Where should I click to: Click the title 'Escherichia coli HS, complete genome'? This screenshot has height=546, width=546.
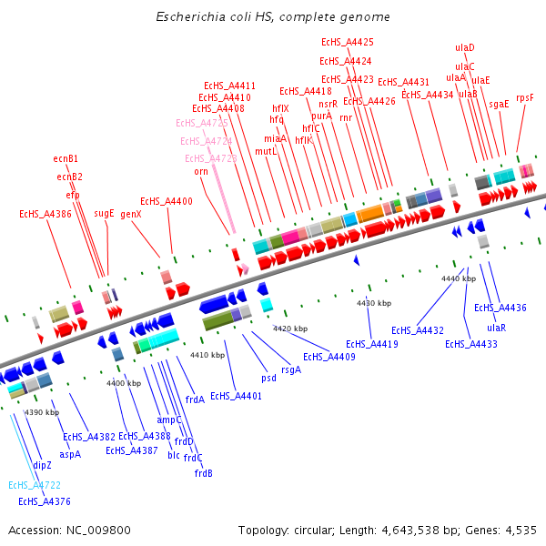[273, 17]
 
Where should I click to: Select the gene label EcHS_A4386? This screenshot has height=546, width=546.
[45, 215]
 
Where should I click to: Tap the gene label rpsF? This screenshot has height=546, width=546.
[525, 97]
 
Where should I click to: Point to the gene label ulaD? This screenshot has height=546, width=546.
[465, 47]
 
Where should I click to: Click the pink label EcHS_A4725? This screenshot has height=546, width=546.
[202, 123]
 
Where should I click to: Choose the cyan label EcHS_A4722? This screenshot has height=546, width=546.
[35, 486]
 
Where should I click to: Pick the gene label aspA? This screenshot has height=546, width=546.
[70, 453]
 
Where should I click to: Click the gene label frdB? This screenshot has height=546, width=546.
[204, 473]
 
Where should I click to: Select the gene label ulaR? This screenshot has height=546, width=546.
[496, 328]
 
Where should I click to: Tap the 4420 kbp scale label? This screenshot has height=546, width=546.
[294, 329]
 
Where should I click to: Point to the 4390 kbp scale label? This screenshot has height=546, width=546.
[41, 413]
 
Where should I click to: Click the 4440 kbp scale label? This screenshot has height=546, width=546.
[458, 278]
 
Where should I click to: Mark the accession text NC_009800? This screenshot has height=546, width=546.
[101, 530]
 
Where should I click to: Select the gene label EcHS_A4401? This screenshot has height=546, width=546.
[236, 396]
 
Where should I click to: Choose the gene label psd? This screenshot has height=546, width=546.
[268, 378]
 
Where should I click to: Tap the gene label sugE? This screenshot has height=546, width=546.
[105, 214]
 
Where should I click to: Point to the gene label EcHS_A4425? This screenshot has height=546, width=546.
[348, 42]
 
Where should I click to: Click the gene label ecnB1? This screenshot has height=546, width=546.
[66, 158]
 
